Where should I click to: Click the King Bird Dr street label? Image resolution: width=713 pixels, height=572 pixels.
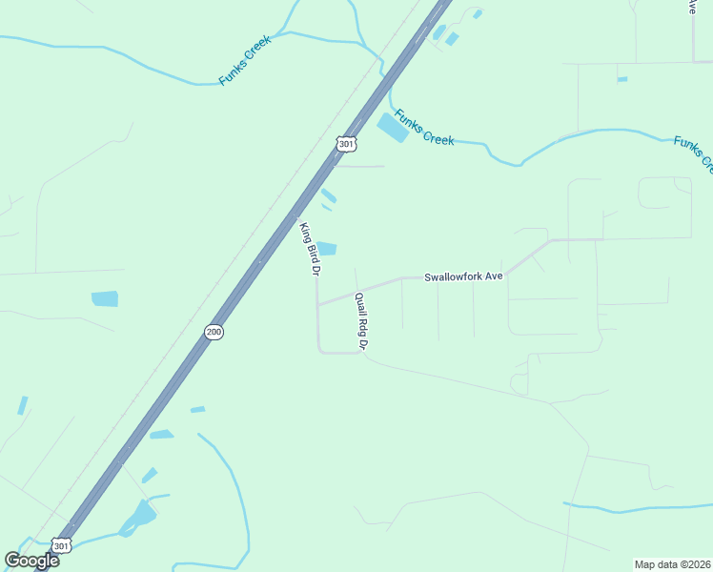(x=309, y=249)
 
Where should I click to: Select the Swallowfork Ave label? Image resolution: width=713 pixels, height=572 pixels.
(x=463, y=276)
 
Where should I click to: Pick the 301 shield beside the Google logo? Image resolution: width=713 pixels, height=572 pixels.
(x=61, y=546)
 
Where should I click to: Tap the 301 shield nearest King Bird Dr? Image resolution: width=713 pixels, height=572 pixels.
(x=346, y=144)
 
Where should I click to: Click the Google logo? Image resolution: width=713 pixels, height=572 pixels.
(x=31, y=560)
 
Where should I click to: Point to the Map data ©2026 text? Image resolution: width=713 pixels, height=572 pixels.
(x=672, y=564)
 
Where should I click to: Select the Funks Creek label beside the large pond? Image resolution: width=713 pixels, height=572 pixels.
(x=424, y=128)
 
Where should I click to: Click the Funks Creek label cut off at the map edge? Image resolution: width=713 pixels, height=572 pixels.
(x=693, y=153)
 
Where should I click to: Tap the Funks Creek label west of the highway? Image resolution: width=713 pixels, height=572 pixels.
(x=245, y=60)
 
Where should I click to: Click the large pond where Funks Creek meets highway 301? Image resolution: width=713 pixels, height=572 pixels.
(x=393, y=127)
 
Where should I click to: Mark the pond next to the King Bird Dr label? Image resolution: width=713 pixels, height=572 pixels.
(x=327, y=249)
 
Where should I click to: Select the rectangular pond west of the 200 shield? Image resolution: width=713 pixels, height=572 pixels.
(x=105, y=298)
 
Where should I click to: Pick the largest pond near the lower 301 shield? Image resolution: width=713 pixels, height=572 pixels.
(x=141, y=516)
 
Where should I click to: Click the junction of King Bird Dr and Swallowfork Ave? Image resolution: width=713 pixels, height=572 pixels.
(x=317, y=305)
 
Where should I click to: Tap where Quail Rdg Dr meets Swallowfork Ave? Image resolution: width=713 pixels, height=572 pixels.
(x=356, y=293)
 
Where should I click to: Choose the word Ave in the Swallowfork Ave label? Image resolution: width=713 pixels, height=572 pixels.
(x=491, y=276)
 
